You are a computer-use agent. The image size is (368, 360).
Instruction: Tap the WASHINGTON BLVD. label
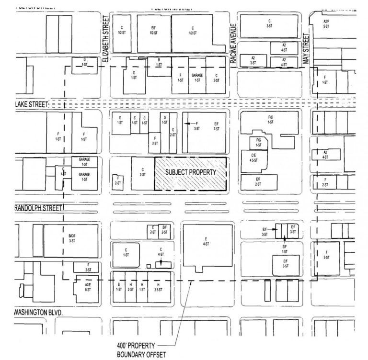39,312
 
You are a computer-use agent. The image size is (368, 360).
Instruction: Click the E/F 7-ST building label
217,126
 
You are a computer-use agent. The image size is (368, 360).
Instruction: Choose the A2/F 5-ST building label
326,24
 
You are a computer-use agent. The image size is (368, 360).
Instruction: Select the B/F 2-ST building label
164,230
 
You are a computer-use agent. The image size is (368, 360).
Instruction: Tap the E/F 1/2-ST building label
153,31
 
